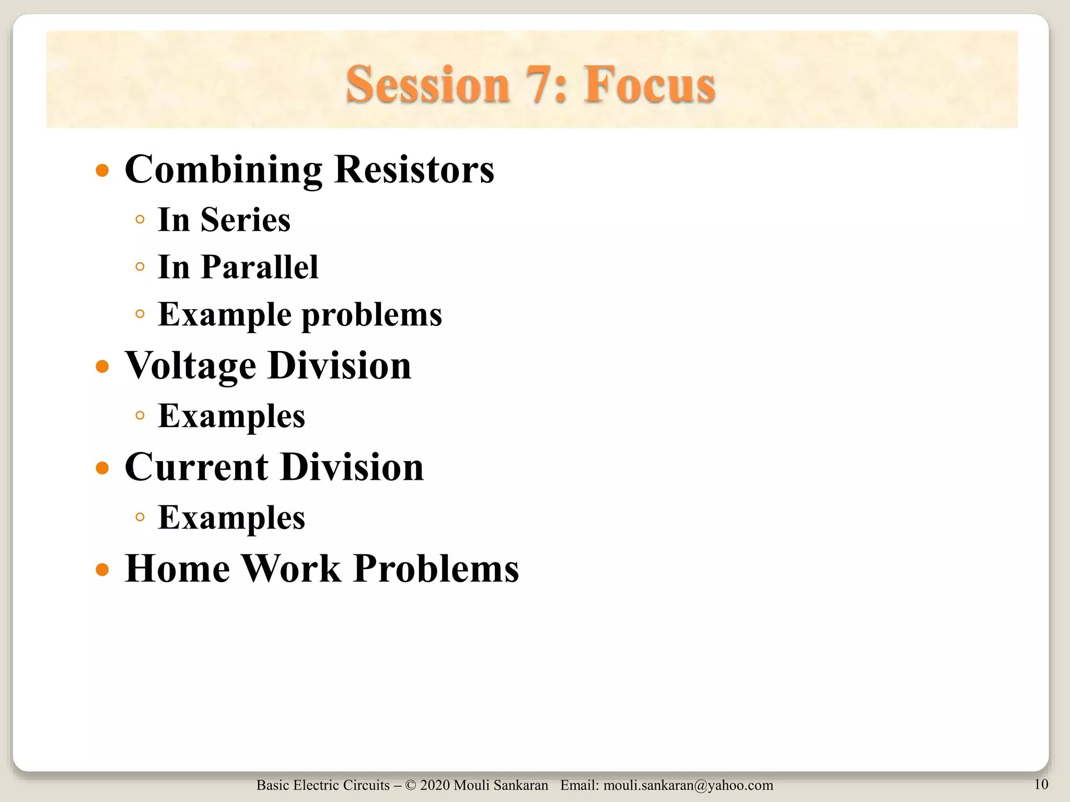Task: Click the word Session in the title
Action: (427, 85)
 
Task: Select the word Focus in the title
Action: (649, 85)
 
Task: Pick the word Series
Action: (245, 220)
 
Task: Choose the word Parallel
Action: (259, 267)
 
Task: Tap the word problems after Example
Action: (372, 315)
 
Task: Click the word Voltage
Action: (190, 367)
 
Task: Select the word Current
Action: (196, 467)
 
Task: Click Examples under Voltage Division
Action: (231, 416)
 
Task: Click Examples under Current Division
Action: (231, 518)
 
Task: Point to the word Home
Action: (177, 568)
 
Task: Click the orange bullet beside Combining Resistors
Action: (102, 171)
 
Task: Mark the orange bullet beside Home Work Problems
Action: (102, 569)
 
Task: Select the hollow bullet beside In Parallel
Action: (139, 267)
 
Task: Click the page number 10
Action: (1041, 784)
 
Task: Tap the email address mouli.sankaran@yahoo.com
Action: (688, 785)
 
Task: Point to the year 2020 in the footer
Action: (435, 785)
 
